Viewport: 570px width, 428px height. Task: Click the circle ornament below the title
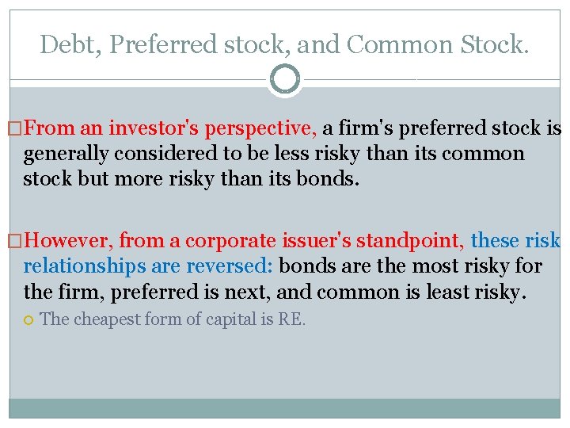[285, 79]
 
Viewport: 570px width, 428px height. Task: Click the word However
[66, 241]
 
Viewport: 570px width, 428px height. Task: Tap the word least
[444, 292]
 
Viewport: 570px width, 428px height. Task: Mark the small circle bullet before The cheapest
[28, 320]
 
